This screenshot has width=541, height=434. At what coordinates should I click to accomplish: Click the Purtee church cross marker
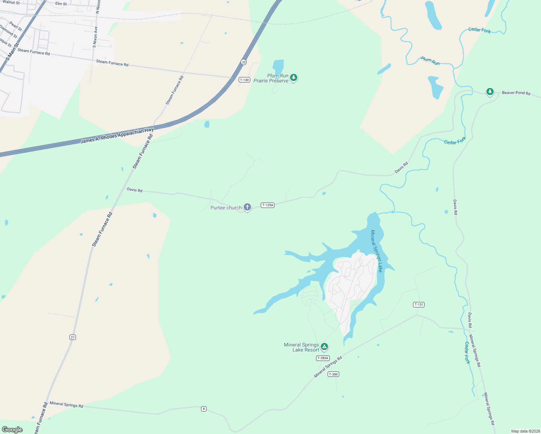(x=247, y=207)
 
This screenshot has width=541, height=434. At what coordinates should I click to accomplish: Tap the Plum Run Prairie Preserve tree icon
(x=294, y=77)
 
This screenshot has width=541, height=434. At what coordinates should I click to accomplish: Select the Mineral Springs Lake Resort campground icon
(x=324, y=346)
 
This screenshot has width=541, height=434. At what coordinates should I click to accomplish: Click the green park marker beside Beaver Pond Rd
(x=490, y=92)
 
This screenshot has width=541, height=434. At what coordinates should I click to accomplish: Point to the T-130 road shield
(x=244, y=80)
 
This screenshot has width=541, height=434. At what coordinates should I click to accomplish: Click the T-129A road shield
(x=268, y=205)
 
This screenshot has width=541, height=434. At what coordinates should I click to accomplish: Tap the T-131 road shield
(x=419, y=305)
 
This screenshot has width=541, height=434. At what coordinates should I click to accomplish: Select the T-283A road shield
(x=323, y=358)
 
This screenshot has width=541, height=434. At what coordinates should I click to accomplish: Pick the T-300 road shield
(x=333, y=374)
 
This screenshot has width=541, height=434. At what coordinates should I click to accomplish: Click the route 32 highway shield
(x=244, y=62)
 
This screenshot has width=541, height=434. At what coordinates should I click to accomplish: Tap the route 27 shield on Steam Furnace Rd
(x=73, y=337)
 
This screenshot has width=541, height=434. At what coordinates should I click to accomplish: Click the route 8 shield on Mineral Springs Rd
(x=204, y=409)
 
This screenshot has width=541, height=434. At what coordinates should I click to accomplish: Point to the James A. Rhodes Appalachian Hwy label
(x=117, y=136)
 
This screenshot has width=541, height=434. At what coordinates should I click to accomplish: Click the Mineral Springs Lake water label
(x=376, y=251)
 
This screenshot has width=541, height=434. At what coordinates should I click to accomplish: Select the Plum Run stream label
(x=430, y=61)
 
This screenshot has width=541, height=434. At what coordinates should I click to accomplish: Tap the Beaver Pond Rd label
(x=516, y=93)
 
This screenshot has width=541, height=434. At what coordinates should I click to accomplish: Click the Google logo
(x=12, y=429)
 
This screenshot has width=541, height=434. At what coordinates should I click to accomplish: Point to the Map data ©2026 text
(x=525, y=431)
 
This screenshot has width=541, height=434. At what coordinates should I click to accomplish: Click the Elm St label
(x=61, y=4)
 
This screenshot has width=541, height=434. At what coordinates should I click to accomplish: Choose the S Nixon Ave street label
(x=95, y=37)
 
